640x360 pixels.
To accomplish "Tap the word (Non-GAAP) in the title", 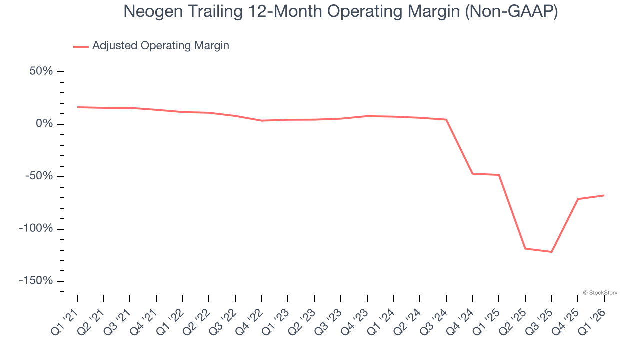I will (511, 12).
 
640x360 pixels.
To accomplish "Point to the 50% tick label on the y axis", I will (41, 71).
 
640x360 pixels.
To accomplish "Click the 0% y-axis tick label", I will (45, 124).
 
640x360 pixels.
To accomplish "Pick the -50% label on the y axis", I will (39, 176).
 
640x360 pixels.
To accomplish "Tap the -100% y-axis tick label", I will (36, 228).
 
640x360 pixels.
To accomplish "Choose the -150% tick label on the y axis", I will (36, 281).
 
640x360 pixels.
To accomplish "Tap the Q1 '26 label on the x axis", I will (593, 322).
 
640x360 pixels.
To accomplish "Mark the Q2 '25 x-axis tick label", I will (514, 322).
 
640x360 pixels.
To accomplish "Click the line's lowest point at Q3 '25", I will (551, 252).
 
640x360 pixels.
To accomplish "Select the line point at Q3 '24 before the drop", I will (446, 120).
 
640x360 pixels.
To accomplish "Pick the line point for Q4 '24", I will (472, 173).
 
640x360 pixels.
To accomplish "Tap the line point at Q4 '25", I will (578, 199).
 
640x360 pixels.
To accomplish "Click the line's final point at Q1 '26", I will (604, 195).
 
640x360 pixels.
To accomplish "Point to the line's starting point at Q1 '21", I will (77, 107).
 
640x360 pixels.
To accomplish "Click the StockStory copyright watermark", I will (600, 293).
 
